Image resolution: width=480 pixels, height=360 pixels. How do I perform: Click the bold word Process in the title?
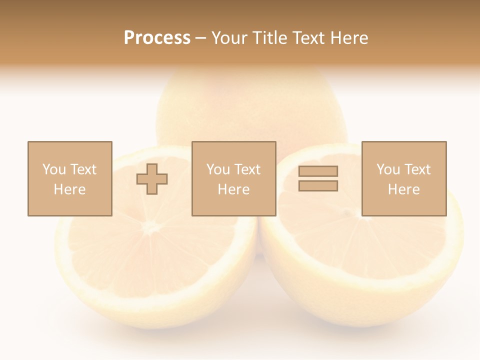tap(157, 38)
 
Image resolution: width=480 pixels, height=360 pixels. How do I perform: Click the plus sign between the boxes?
tap(152, 179)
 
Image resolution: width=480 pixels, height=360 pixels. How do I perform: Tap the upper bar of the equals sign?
tap(318, 171)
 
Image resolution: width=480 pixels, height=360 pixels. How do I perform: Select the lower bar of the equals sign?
tap(318, 185)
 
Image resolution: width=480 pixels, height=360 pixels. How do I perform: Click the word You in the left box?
tap(54, 169)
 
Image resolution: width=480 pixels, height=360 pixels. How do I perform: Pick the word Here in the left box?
tap(69, 189)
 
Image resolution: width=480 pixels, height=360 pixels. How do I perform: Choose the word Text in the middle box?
tap(247, 169)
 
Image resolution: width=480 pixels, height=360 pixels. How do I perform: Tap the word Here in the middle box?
tap(233, 189)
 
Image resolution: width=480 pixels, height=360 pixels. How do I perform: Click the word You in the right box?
tap(388, 169)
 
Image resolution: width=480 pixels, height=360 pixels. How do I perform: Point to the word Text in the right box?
tap(417, 169)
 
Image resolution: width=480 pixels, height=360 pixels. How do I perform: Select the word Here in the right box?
tap(403, 189)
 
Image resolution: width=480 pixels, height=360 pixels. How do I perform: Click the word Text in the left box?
tap(83, 169)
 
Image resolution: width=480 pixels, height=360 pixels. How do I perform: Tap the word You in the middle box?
tap(218, 169)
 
